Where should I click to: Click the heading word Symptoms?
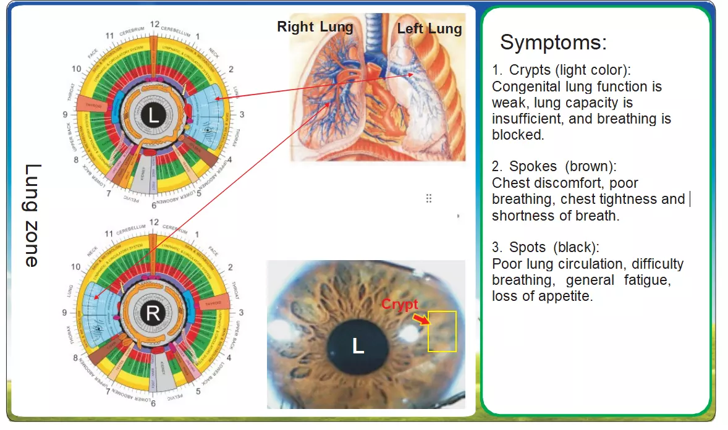(x=553, y=43)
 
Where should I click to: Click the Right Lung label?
(x=315, y=27)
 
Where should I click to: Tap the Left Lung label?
(x=430, y=28)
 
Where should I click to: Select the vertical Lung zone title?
(x=32, y=215)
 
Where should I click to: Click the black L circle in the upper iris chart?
(x=153, y=114)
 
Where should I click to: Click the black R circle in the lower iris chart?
(x=153, y=313)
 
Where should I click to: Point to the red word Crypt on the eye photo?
(x=399, y=304)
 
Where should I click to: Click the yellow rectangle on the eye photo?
(x=442, y=331)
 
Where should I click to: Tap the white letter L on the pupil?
(x=358, y=347)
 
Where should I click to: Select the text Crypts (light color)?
(x=569, y=70)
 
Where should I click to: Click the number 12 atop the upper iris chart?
(x=154, y=25)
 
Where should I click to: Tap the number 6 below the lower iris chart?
(x=153, y=404)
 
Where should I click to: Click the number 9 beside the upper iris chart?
(x=65, y=114)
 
